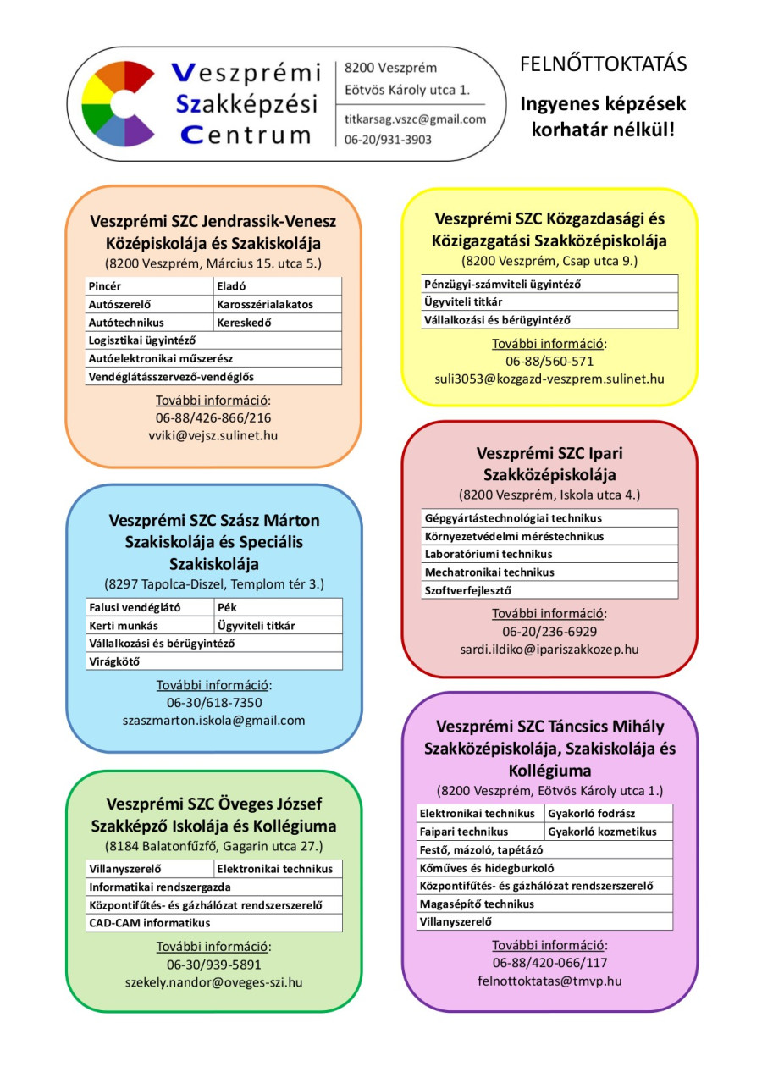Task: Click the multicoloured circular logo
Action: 118,104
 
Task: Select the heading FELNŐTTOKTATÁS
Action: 603,64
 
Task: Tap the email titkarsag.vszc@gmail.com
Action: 415,119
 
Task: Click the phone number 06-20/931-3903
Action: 388,140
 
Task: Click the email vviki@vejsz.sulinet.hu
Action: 213,435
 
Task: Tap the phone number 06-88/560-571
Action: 549,362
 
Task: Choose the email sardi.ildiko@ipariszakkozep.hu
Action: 549,650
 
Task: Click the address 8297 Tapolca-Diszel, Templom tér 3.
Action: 213,584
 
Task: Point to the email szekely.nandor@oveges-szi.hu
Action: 213,982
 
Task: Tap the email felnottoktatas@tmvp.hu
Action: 549,981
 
